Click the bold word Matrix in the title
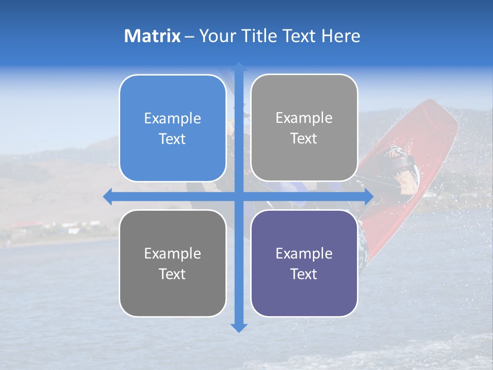pos(152,36)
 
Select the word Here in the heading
pos(340,36)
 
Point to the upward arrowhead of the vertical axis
pos(239,67)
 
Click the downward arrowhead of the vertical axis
pos(239,327)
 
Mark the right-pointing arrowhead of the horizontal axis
pos(368,196)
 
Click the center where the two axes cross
pos(239,196)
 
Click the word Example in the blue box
pos(173,119)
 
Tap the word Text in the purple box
pos(304,274)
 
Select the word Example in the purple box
pos(304,253)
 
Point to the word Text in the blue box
pos(173,139)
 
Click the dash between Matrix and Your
pos(189,36)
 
